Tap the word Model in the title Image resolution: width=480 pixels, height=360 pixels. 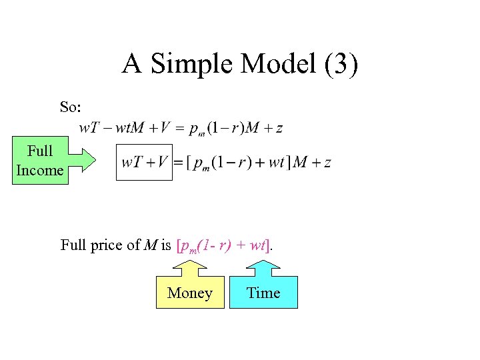[x=271, y=64]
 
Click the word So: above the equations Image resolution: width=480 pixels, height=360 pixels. [x=71, y=107]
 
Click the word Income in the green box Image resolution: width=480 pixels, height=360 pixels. [x=40, y=170]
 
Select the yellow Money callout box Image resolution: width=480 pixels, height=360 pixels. [x=190, y=293]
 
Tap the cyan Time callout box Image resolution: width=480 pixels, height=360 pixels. [x=263, y=293]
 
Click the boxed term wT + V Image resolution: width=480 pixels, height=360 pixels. [x=144, y=162]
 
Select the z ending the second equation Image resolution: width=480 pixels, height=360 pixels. [x=327, y=163]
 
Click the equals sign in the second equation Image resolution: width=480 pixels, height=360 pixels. [x=178, y=163]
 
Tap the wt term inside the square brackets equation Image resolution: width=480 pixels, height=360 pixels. [x=276, y=163]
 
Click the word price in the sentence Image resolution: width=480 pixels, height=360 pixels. [x=107, y=245]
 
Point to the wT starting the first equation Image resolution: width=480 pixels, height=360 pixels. [x=88, y=128]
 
